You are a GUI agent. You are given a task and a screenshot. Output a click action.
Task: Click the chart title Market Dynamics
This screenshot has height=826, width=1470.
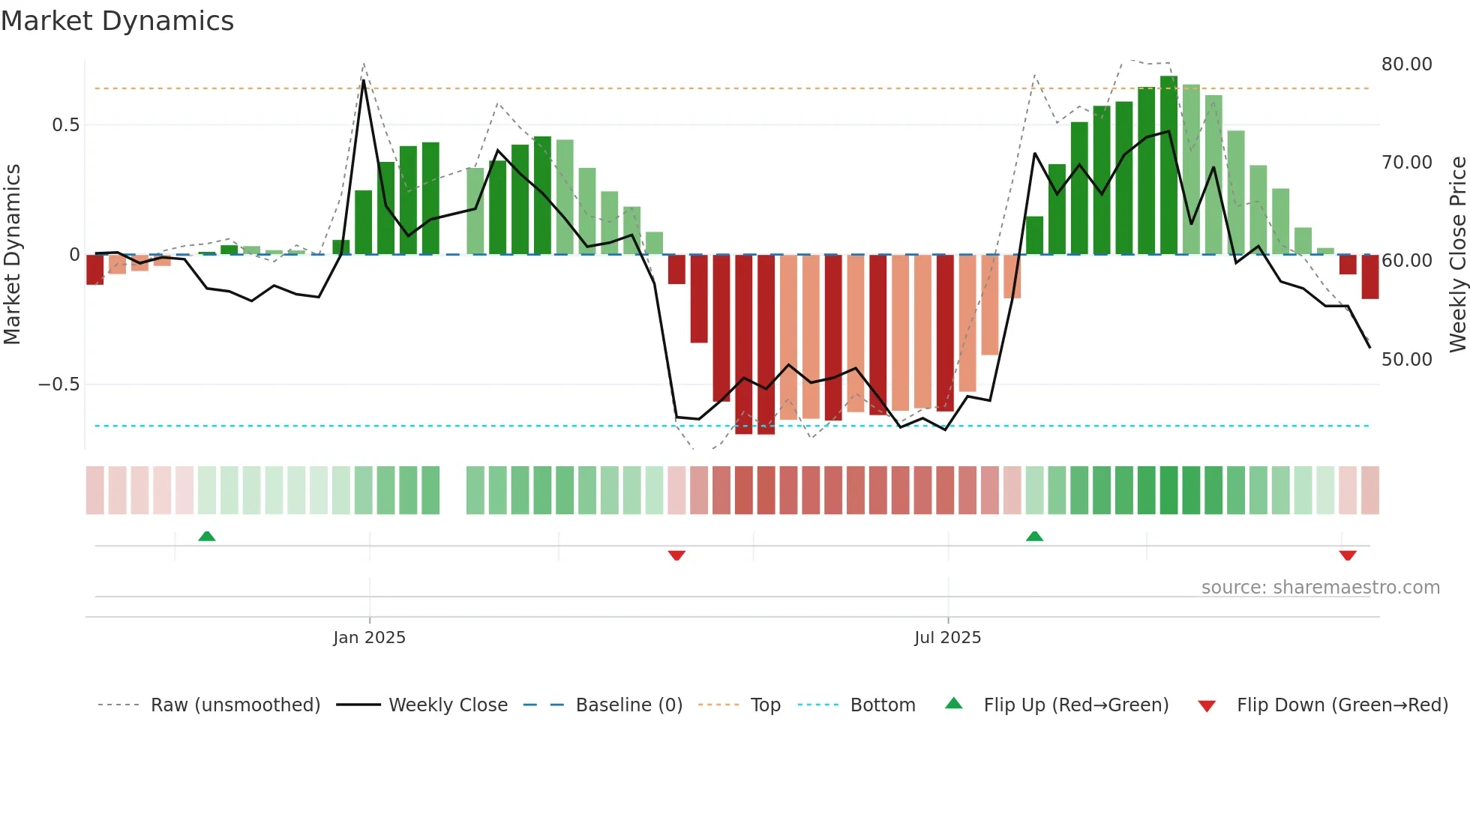pyautogui.click(x=117, y=21)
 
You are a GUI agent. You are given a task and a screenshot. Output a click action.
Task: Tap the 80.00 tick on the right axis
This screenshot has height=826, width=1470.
pyautogui.click(x=1406, y=64)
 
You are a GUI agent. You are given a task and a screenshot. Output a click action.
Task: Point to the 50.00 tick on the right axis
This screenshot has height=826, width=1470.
pyautogui.click(x=1406, y=360)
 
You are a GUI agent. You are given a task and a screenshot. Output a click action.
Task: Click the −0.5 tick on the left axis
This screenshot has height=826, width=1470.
pyautogui.click(x=58, y=385)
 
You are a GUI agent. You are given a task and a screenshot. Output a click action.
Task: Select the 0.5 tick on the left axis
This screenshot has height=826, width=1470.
pyautogui.click(x=65, y=125)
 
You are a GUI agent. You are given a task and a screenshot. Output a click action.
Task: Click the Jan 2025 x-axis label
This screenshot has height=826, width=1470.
pyautogui.click(x=369, y=638)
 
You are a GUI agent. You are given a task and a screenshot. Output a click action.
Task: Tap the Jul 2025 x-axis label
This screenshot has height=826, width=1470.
pyautogui.click(x=947, y=638)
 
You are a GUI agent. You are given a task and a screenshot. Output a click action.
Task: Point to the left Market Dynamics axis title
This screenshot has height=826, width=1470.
pyautogui.click(x=12, y=255)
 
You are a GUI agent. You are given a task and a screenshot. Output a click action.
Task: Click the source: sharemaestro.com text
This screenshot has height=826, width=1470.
pyautogui.click(x=1320, y=588)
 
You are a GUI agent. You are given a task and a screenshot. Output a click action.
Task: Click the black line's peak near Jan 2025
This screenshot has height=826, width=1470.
pyautogui.click(x=364, y=80)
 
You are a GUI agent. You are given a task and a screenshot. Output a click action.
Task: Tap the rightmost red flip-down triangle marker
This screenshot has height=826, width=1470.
pyautogui.click(x=1348, y=555)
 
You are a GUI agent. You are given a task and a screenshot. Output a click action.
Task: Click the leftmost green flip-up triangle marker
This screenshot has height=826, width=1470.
pyautogui.click(x=207, y=536)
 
